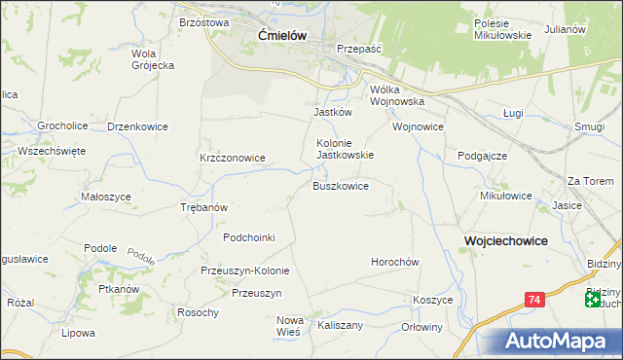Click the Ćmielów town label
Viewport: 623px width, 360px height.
pyautogui.click(x=282, y=35)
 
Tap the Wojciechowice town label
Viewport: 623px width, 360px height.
pyautogui.click(x=505, y=239)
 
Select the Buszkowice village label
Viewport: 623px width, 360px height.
pyautogui.click(x=340, y=186)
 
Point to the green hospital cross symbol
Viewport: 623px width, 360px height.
pyautogui.click(x=594, y=301)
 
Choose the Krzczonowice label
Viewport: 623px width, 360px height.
pyautogui.click(x=233, y=157)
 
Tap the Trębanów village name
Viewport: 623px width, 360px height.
pyautogui.click(x=204, y=207)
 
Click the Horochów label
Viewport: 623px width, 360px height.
pyautogui.click(x=394, y=262)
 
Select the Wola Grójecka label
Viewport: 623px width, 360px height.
pyautogui.click(x=152, y=59)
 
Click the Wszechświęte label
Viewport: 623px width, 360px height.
pyautogui.click(x=52, y=151)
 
